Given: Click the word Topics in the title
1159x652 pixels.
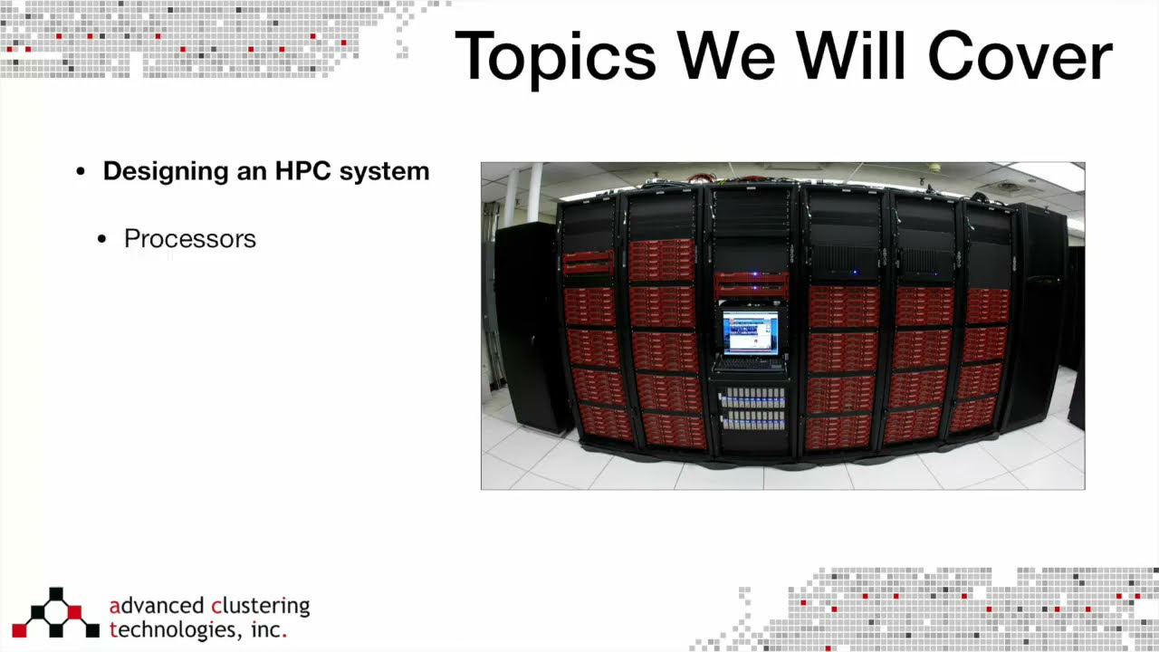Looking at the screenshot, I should tap(554, 56).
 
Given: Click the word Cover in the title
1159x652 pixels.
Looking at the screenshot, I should tap(1020, 56).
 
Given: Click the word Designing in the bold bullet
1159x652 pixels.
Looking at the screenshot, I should tap(167, 171).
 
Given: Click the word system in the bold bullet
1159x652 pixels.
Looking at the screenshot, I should tap(384, 172).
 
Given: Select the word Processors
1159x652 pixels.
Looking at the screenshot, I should tap(190, 239).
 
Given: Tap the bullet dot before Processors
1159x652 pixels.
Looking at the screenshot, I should tap(103, 240).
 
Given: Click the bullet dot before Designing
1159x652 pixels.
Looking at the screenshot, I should tap(81, 172).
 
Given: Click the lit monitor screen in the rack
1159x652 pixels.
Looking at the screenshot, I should tap(750, 331).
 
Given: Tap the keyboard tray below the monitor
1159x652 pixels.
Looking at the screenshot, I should tap(750, 364).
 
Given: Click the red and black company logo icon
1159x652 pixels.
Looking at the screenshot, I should tap(55, 613).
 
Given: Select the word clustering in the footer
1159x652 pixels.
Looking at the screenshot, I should tap(260, 606).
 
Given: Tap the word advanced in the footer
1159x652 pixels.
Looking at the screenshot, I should tap(156, 606).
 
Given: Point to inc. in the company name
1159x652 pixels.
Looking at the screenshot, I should tap(269, 629).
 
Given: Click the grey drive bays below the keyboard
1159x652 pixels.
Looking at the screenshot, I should tap(752, 408).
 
